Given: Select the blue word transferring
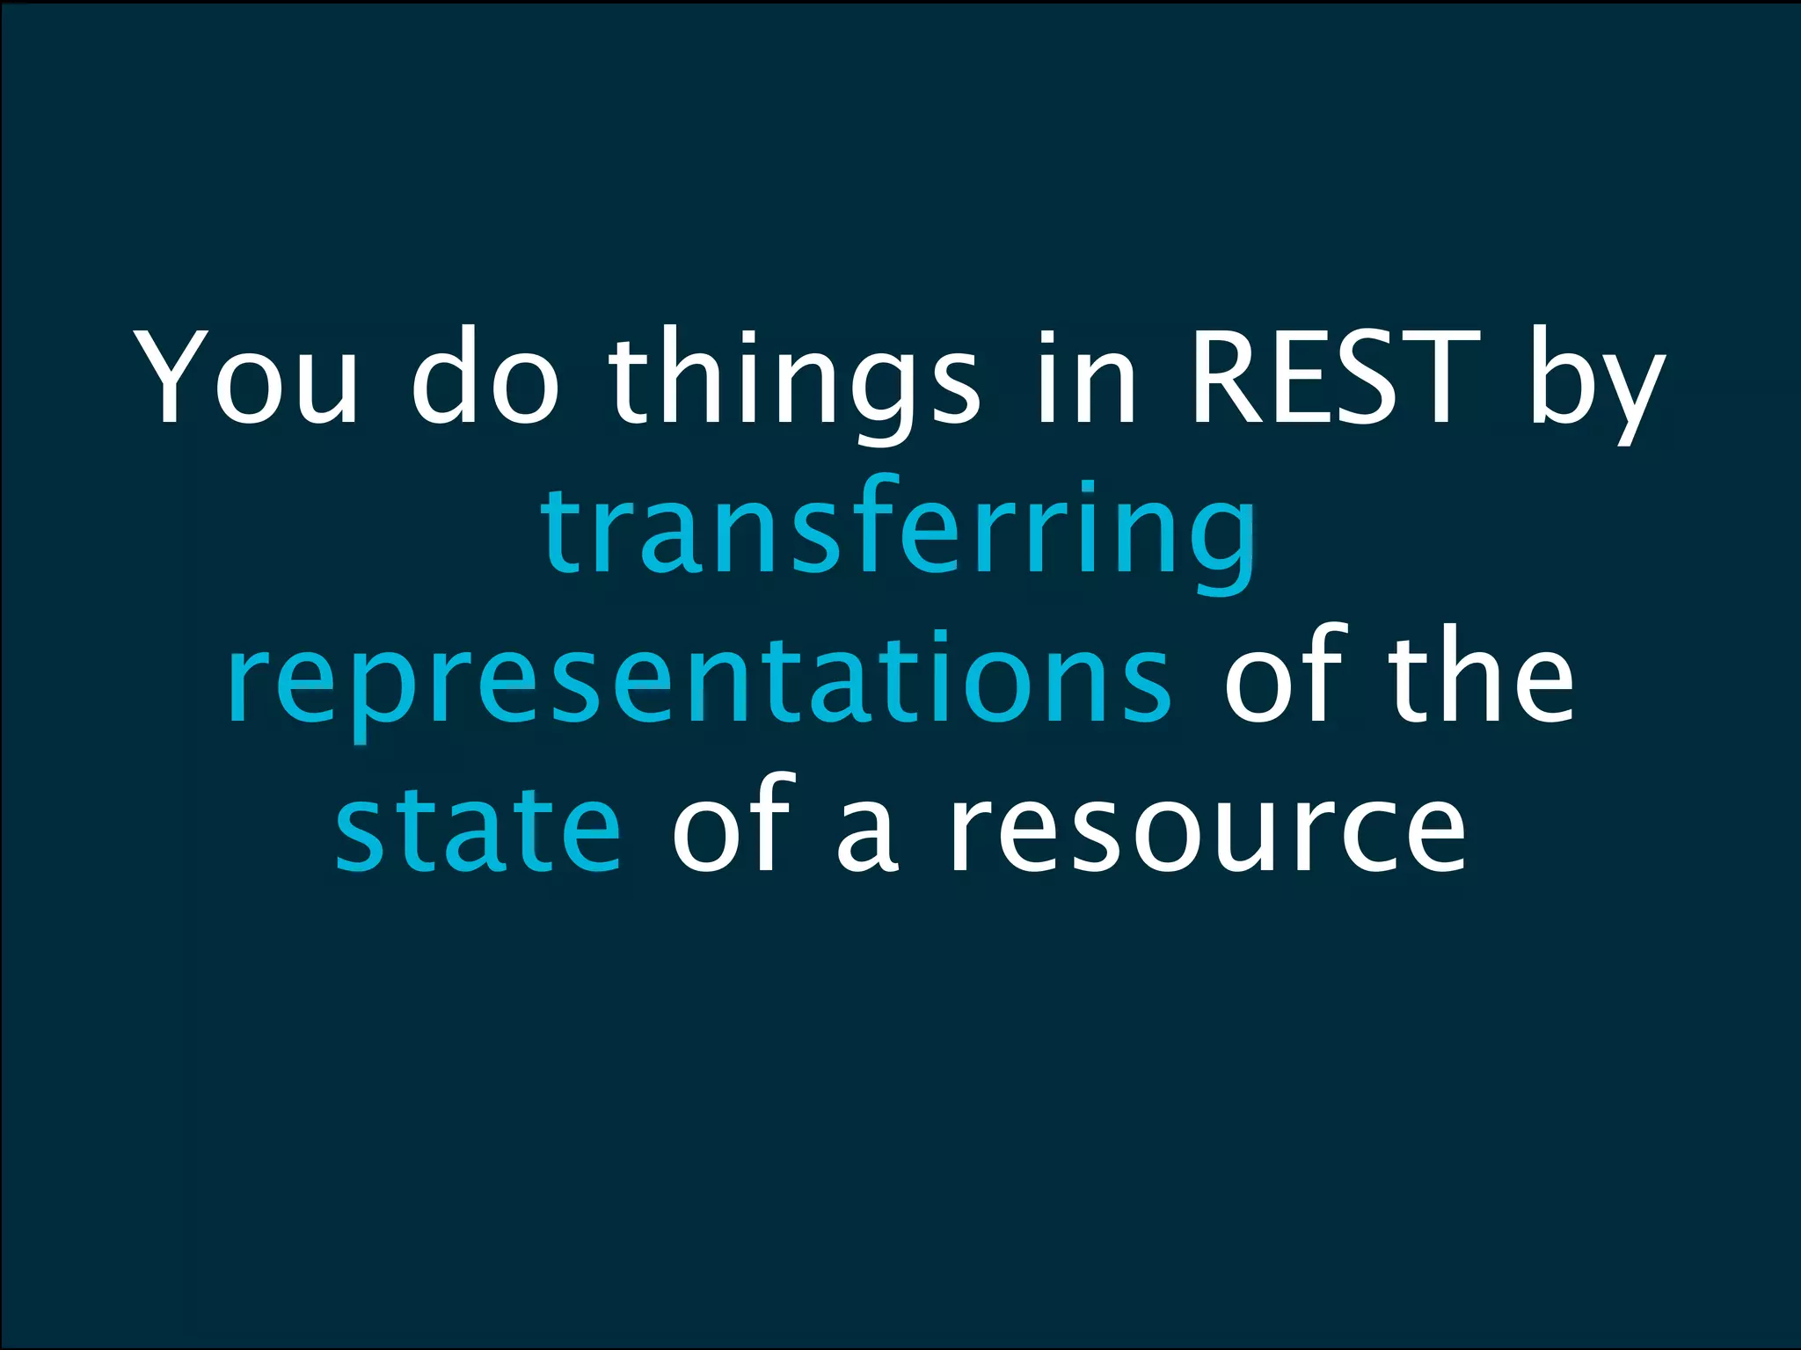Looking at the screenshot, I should pos(900,532).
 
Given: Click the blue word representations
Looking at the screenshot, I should pos(699,681).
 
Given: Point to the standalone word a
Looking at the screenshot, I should pos(867,835).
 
